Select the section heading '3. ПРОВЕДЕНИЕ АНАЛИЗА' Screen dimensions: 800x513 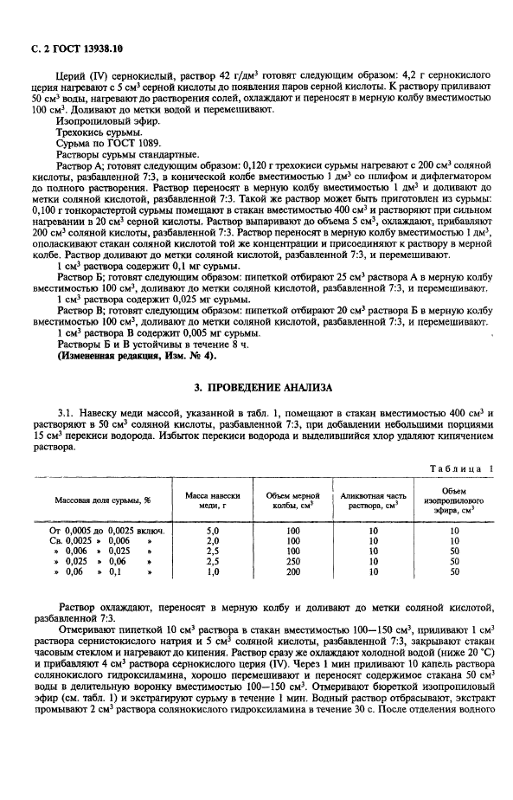[257, 386]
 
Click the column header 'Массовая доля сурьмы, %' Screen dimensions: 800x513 [103, 500]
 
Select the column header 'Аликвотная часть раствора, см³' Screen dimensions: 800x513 [374, 500]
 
